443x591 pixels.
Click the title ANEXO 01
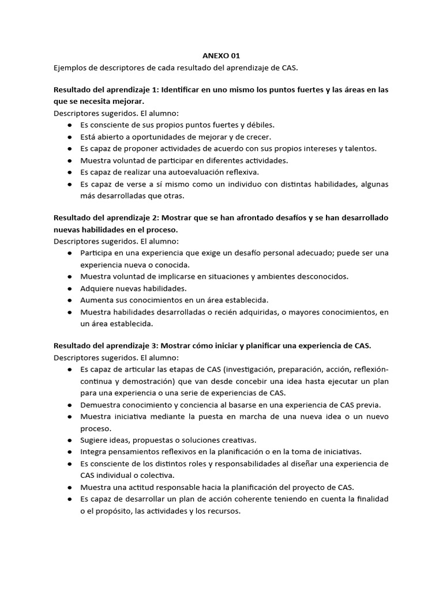[x=221, y=56]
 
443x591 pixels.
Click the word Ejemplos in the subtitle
[x=70, y=68]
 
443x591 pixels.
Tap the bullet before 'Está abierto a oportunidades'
[x=69, y=137]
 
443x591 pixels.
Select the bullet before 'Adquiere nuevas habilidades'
[x=69, y=288]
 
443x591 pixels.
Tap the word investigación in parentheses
[x=249, y=369]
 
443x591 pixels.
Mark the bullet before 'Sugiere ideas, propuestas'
[x=69, y=440]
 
